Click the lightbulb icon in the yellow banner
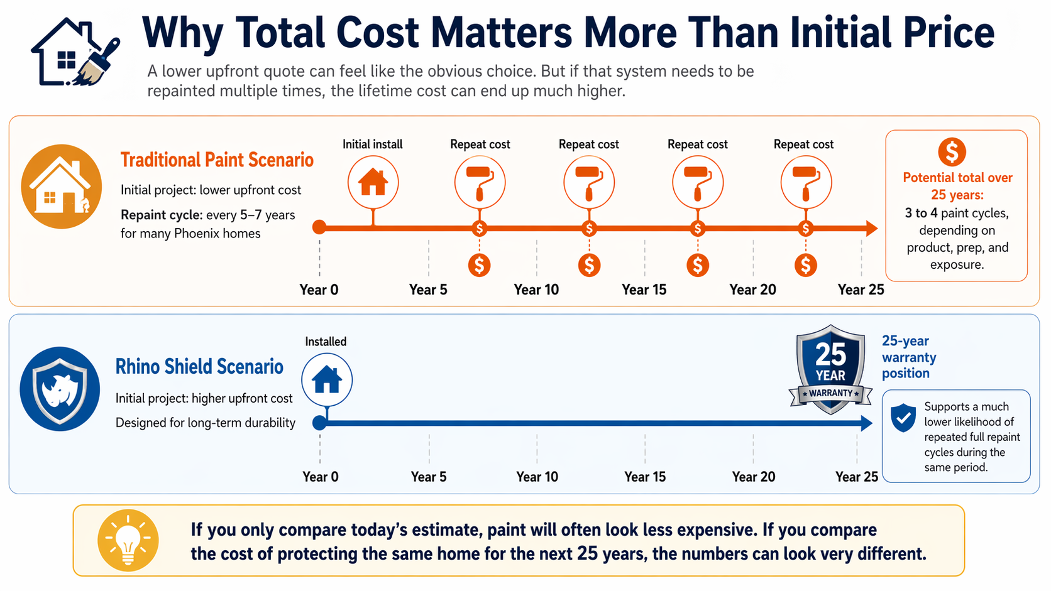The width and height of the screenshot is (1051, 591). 128,540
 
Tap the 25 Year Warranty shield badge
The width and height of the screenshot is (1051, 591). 830,369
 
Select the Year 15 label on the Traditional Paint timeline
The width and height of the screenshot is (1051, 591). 644,290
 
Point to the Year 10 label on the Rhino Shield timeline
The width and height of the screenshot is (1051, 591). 537,477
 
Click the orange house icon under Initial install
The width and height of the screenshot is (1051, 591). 373,182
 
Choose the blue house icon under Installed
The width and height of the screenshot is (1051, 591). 327,380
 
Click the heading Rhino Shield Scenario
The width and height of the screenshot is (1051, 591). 199,367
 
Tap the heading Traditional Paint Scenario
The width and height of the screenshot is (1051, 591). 217,160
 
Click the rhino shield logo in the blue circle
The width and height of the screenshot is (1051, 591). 60,389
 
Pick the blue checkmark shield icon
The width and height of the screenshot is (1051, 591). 903,418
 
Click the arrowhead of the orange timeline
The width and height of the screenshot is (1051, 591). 871,228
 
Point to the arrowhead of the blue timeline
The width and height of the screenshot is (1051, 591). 866,423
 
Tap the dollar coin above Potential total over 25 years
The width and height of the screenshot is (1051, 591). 952,152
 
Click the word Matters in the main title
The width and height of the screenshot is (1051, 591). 502,33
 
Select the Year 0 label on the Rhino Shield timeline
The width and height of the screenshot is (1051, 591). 320,477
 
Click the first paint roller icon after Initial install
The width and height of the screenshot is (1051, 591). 480,182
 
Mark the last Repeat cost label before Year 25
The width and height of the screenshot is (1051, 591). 803,144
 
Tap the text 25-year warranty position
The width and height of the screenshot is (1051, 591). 908,357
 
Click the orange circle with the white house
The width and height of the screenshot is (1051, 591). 61,187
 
